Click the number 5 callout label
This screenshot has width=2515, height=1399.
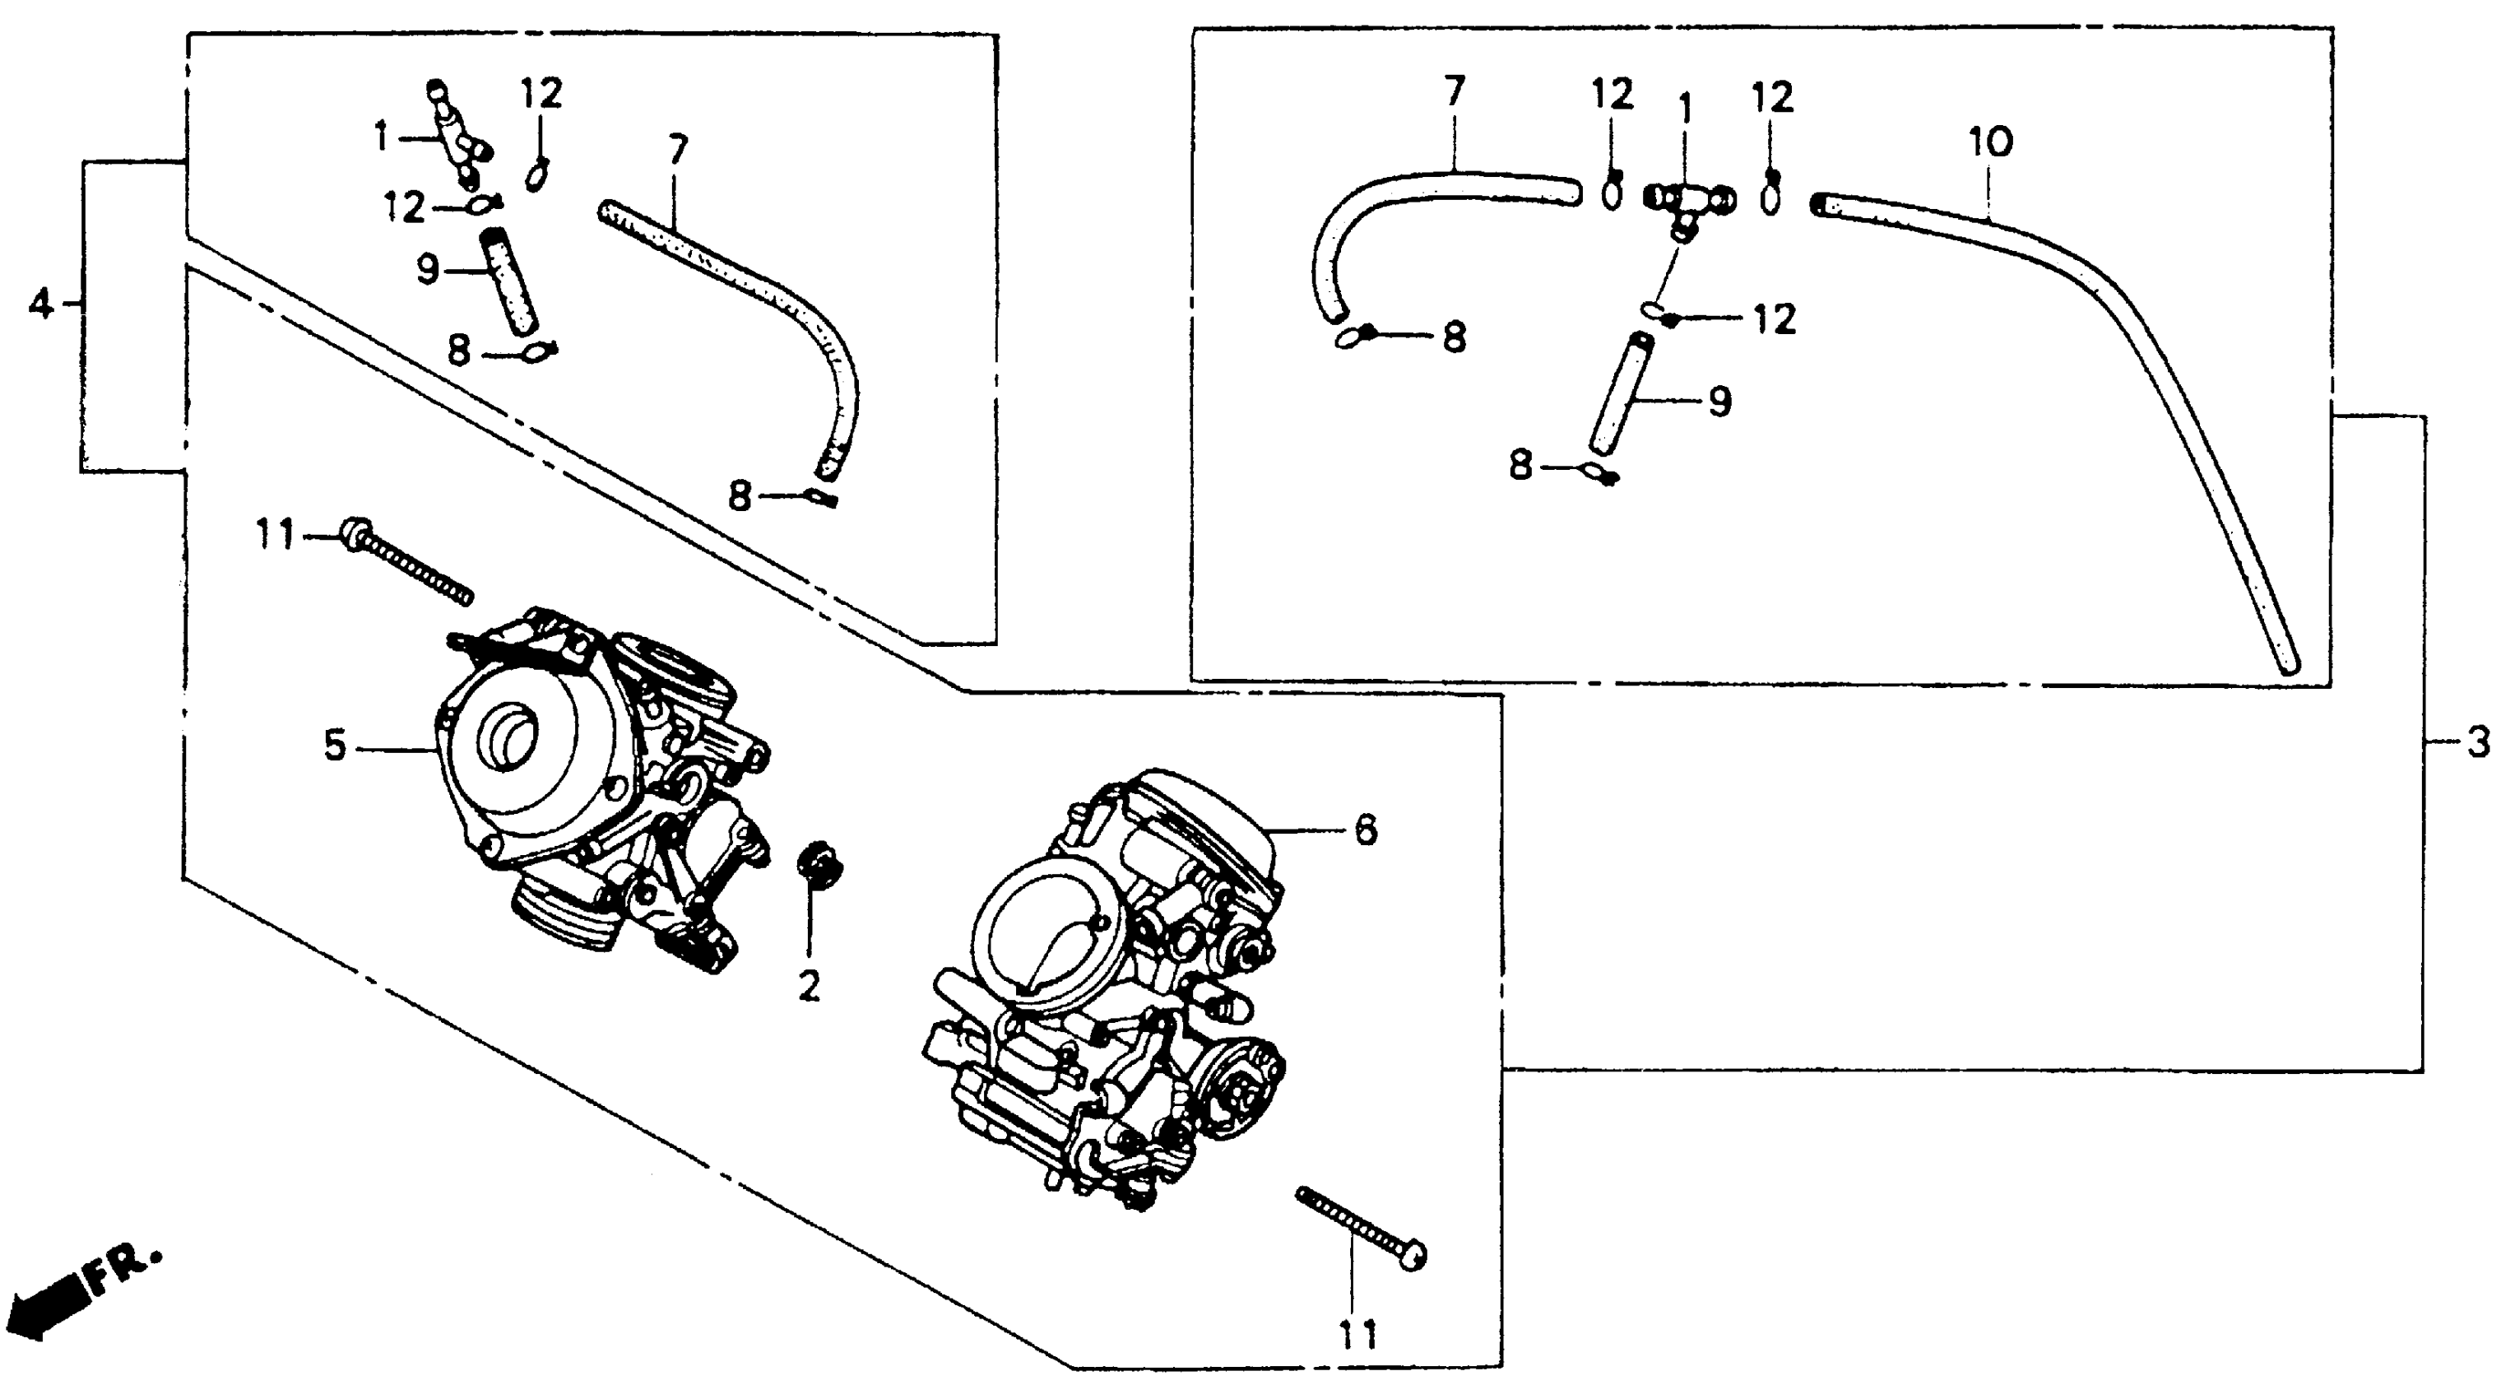tap(335, 747)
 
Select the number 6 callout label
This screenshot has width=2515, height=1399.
tap(1365, 831)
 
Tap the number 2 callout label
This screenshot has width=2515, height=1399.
tap(809, 986)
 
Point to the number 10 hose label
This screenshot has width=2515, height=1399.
tap(1990, 143)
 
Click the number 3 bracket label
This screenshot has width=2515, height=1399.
tap(2478, 744)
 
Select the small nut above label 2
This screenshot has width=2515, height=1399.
tap(818, 864)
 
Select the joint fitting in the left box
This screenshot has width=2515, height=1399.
tap(459, 132)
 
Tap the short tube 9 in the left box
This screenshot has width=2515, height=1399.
tap(508, 280)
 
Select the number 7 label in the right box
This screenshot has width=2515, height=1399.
tap(1454, 92)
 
